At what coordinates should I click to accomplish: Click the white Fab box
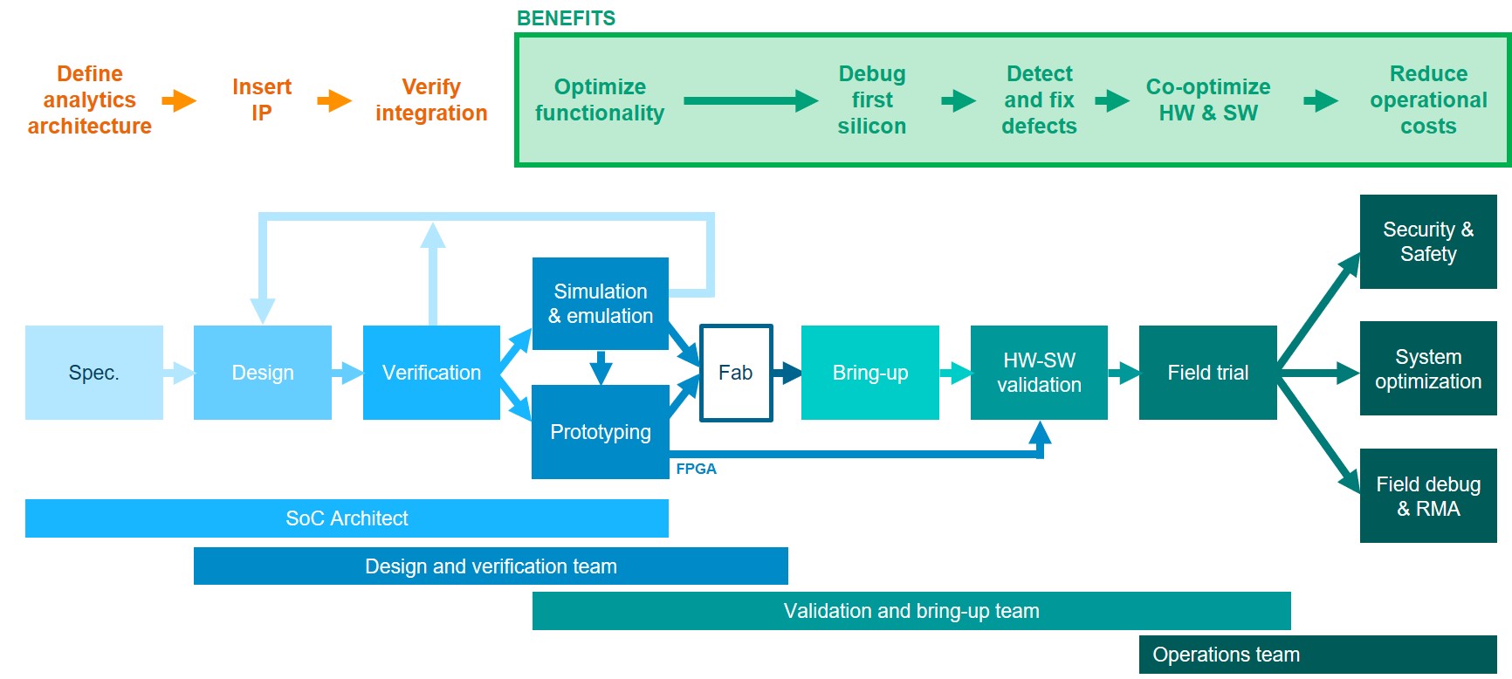pos(736,373)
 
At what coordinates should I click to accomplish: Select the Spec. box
pos(93,373)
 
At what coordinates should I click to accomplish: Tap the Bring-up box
pos(869,373)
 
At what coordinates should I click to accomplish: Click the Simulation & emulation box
pos(600,304)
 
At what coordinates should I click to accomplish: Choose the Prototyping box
pos(600,432)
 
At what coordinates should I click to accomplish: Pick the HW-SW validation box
pos(1039,373)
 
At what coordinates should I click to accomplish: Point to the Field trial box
pos(1207,373)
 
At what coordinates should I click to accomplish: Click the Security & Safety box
pos(1428,242)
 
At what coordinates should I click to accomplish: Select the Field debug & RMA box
pos(1428,496)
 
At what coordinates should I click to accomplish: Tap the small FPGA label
pos(696,469)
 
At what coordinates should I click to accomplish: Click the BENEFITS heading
pos(566,18)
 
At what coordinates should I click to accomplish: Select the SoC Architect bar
pos(347,518)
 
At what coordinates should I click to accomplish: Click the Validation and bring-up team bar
pos(911,611)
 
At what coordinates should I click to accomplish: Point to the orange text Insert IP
pos(261,99)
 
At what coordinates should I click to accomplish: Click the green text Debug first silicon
pos(871,99)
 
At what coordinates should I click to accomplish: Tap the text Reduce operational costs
pos(1428,99)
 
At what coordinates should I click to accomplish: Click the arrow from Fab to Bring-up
pos(787,373)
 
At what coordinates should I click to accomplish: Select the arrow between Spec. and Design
pos(178,373)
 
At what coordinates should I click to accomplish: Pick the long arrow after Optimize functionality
pos(750,101)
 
